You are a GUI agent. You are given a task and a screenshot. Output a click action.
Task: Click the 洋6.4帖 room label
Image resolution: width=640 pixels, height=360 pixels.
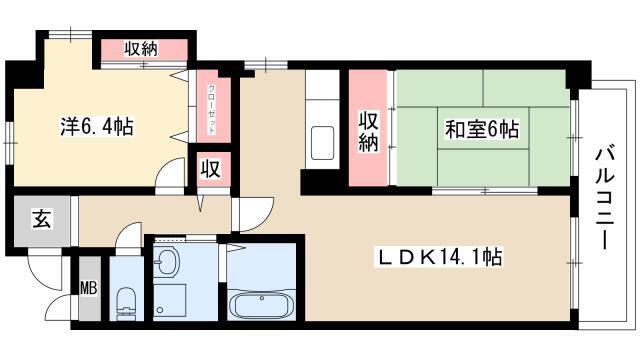[96, 127]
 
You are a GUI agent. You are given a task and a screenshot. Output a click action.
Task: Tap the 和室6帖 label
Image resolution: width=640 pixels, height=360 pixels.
[482, 129]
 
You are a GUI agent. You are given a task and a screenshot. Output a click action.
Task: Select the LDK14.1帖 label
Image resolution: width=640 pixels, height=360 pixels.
[438, 257]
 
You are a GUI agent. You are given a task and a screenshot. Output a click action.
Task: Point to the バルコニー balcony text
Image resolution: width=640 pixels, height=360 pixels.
[604, 198]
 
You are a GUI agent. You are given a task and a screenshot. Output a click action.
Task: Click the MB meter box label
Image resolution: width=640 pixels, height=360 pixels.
[89, 288]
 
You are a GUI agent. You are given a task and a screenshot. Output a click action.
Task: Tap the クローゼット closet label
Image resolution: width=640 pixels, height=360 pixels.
[211, 109]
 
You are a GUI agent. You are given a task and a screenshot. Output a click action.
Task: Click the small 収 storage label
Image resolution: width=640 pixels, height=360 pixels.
[211, 169]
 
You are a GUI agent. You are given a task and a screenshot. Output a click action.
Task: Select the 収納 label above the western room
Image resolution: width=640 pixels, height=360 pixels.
[141, 49]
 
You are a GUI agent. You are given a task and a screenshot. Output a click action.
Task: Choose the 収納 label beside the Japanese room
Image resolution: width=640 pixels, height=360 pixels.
[368, 131]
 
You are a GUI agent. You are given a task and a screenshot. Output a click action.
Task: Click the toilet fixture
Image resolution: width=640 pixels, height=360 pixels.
[126, 303]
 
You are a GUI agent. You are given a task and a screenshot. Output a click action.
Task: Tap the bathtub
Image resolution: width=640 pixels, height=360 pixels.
[262, 304]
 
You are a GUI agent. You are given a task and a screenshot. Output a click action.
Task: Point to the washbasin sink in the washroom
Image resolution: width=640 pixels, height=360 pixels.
[167, 261]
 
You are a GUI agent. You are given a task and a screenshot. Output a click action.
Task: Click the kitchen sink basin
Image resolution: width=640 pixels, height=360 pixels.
[322, 143]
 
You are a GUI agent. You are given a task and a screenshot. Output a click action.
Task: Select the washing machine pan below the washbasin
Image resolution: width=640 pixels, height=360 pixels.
[170, 299]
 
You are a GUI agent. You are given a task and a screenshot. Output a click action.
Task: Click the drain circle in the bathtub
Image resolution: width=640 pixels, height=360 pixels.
[262, 298]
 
